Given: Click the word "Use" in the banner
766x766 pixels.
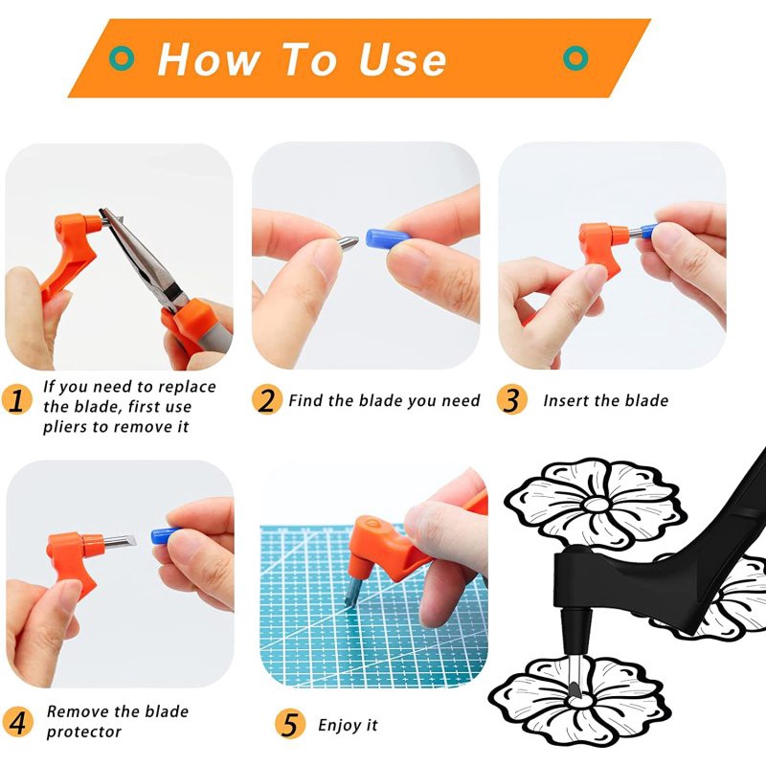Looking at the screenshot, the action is click(402, 59).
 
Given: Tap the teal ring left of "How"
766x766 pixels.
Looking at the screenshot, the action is click(122, 58).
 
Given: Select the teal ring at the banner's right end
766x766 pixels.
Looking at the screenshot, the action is click(575, 58).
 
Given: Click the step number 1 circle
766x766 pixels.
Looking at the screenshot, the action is click(16, 400).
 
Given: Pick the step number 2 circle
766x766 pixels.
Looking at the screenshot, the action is click(267, 399).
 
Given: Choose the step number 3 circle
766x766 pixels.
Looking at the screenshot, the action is click(512, 399).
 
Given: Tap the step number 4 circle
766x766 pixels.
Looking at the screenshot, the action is click(17, 722).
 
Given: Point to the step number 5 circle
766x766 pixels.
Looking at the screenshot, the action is click(290, 724).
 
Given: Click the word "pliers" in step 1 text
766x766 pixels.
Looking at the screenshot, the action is click(65, 427).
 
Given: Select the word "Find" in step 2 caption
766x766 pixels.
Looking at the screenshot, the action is click(305, 400).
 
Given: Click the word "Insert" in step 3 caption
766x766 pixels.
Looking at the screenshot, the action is click(566, 400).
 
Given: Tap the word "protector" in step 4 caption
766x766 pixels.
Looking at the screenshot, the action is click(83, 732).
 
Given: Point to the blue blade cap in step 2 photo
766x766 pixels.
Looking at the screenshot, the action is click(387, 237).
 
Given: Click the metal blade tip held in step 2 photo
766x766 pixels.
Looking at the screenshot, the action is click(349, 243).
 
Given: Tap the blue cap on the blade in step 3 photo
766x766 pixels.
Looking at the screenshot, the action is click(648, 231).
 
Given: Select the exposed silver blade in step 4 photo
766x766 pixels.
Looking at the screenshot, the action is click(121, 541).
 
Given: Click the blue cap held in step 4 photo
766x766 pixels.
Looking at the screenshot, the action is click(164, 535).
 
